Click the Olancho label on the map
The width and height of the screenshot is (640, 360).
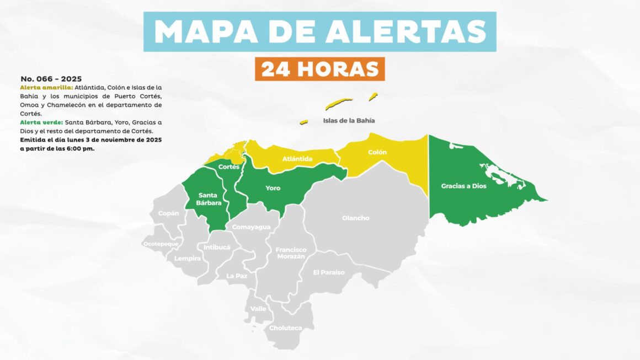[355, 218]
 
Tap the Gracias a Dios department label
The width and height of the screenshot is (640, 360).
[463, 186]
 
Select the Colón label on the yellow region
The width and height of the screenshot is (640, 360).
[377, 152]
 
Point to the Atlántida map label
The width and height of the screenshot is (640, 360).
[297, 159]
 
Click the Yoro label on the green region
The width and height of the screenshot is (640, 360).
[273, 189]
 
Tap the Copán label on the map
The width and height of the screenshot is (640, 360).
[168, 213]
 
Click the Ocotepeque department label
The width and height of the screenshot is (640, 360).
[161, 244]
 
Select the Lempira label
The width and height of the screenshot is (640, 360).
[188, 258]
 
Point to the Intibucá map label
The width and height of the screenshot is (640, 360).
[217, 248]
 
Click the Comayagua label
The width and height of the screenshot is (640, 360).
[251, 227]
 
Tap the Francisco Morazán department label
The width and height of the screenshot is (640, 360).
[291, 254]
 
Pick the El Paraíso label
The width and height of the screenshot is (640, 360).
[328, 272]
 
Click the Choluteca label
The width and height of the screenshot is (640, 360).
[285, 328]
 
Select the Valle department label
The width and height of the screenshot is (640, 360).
[258, 309]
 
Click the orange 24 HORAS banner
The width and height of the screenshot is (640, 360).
[319, 69]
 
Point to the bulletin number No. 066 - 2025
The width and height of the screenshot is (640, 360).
[51, 79]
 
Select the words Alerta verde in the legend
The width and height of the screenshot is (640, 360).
[41, 122]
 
